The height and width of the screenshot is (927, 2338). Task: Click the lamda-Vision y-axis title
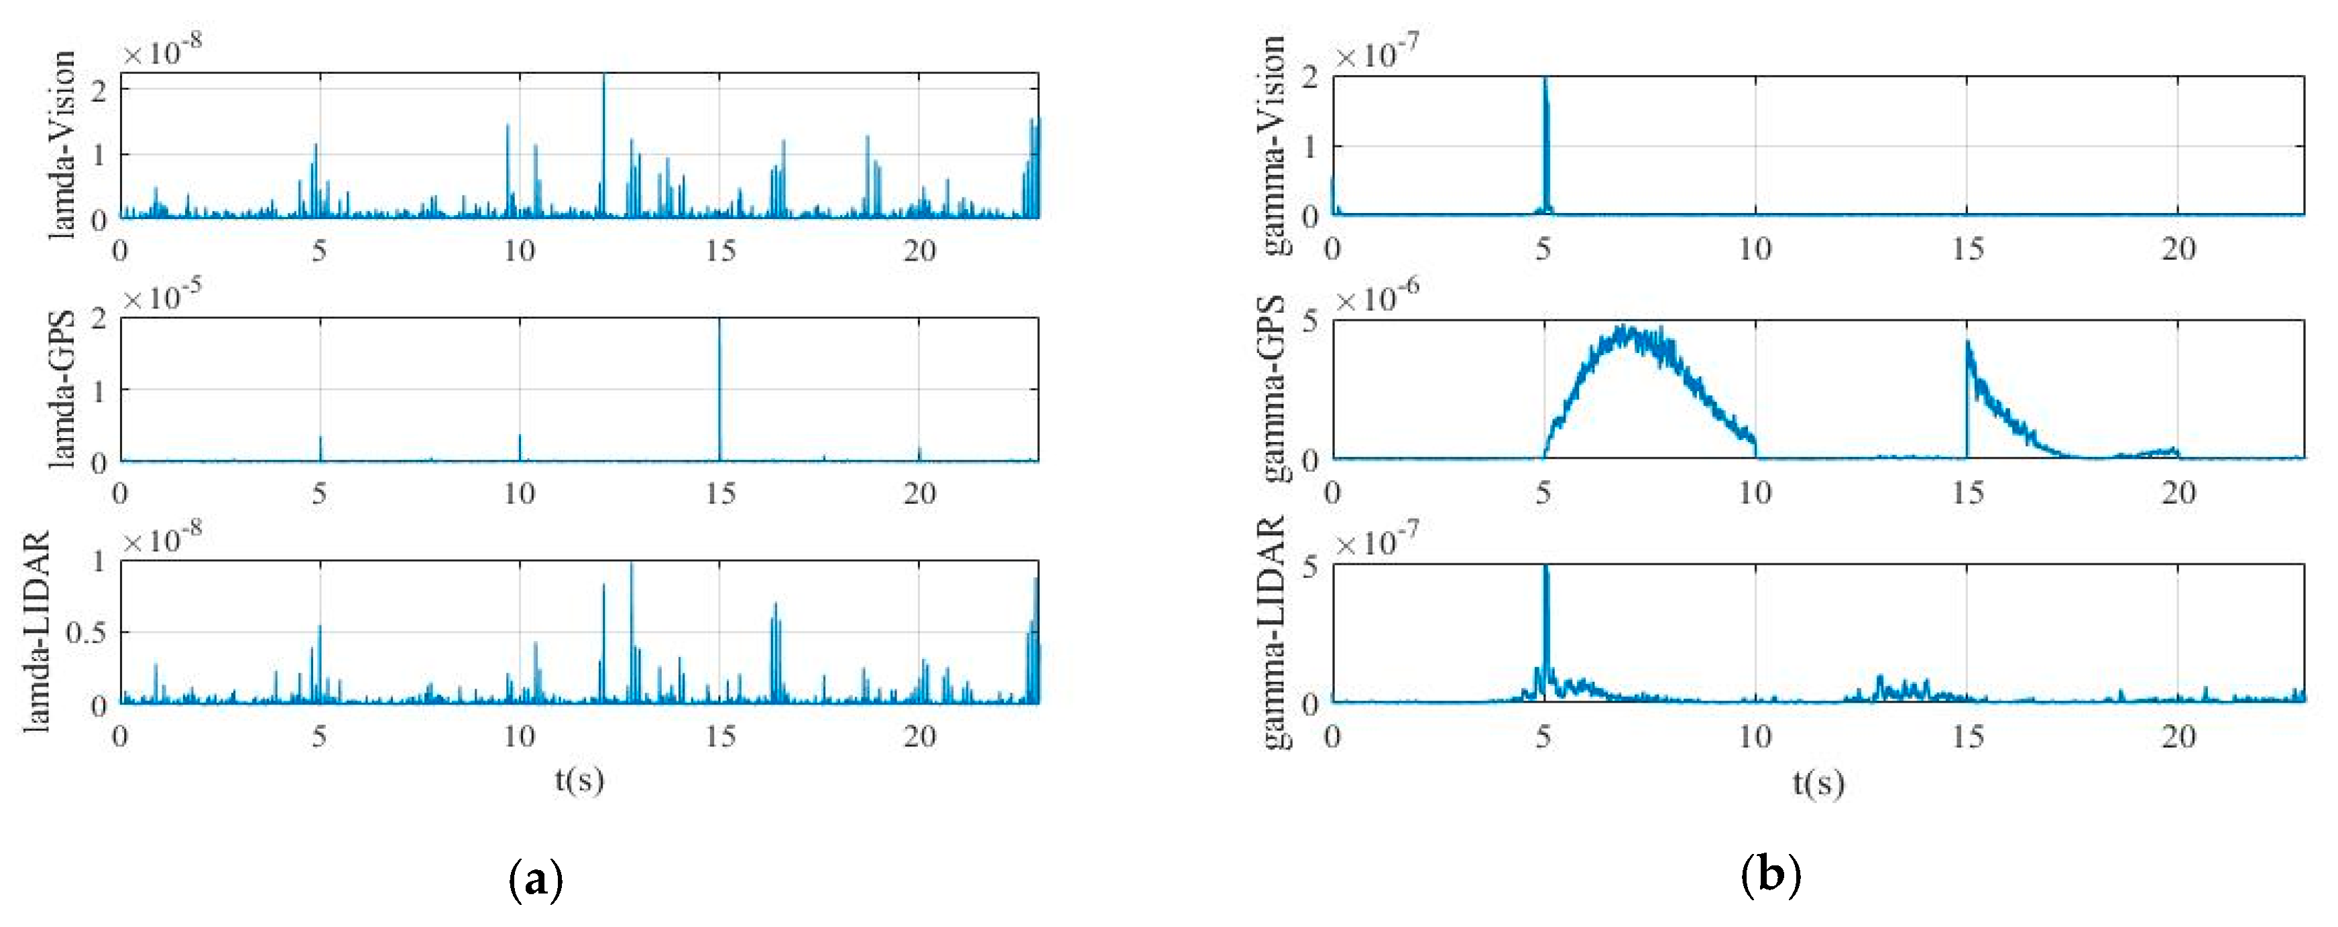[61, 145]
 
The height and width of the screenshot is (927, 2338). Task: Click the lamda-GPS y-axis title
[61, 390]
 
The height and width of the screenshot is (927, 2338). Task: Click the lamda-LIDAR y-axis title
[36, 632]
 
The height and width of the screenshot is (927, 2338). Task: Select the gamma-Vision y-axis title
[1273, 145]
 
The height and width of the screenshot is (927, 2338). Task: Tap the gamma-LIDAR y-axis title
[1273, 632]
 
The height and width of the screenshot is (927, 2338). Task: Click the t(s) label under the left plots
[579, 779]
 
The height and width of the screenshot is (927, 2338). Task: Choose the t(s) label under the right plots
[1818, 782]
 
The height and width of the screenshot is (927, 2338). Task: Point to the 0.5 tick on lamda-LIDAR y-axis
[86, 632]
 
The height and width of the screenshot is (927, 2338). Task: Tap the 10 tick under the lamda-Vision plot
[519, 251]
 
